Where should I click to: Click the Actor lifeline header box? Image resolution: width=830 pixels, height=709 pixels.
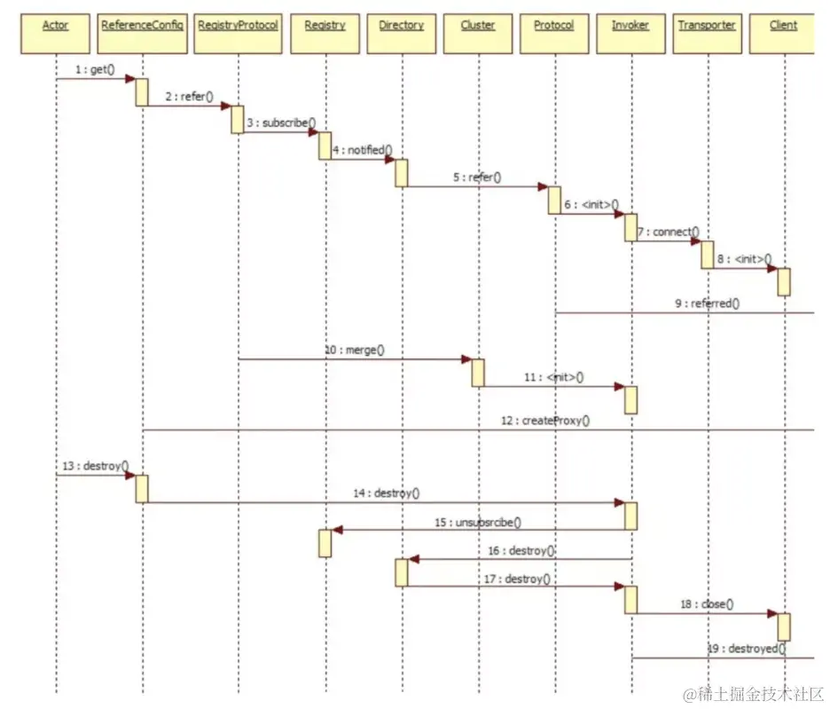click(x=55, y=25)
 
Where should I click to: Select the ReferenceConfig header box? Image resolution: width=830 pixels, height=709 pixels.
click(x=142, y=25)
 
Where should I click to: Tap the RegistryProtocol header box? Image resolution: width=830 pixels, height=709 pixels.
click(x=238, y=25)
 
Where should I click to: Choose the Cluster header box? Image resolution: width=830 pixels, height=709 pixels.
click(x=478, y=25)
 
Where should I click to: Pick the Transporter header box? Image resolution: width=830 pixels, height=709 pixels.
click(x=707, y=25)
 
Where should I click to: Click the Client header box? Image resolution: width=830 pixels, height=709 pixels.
click(x=783, y=25)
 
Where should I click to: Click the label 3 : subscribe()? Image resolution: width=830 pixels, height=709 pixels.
click(x=281, y=122)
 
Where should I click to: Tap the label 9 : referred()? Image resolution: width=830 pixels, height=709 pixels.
click(x=707, y=303)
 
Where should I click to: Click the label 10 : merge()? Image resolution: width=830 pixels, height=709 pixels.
click(x=354, y=350)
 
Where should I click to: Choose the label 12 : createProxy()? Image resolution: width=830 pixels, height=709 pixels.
click(x=544, y=421)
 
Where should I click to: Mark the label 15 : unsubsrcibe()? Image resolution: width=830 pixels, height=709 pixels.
click(x=478, y=522)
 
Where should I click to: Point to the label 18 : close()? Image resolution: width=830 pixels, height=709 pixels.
click(x=707, y=604)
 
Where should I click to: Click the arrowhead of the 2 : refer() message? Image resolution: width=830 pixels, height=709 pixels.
click(x=226, y=106)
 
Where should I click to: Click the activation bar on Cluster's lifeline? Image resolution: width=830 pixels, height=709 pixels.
click(x=478, y=373)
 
